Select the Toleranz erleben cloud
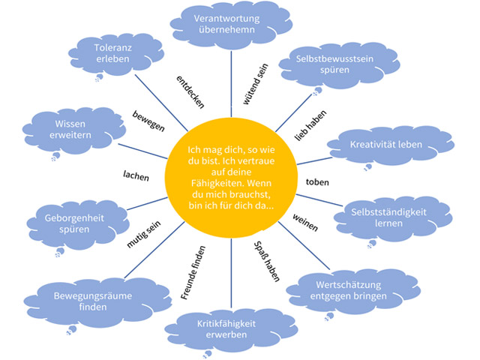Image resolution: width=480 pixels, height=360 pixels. (113, 53)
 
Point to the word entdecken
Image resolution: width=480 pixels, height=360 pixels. (190, 90)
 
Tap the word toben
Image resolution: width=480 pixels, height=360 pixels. (318, 182)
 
